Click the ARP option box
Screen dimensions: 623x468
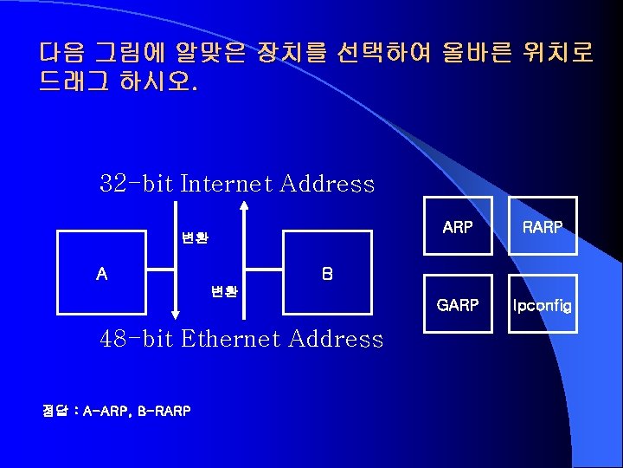(457, 226)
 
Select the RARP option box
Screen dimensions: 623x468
(543, 226)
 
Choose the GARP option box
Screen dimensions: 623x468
(457, 304)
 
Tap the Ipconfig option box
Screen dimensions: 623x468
(543, 304)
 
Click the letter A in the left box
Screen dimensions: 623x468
(102, 274)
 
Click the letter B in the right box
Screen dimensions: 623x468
(326, 274)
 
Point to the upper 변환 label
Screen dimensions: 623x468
(195, 237)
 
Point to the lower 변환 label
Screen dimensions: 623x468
(225, 291)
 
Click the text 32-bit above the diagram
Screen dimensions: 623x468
(137, 184)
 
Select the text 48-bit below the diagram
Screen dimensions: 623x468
(137, 339)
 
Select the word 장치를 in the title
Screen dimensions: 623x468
(279, 53)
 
